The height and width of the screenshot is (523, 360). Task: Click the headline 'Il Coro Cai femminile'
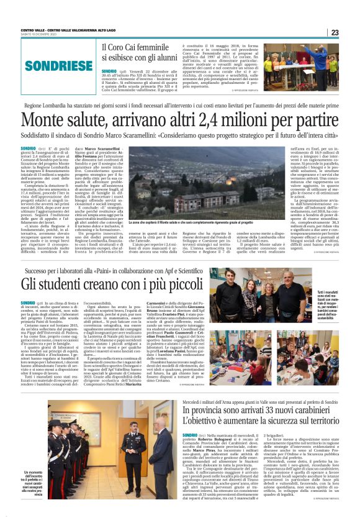coord(135,47)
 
